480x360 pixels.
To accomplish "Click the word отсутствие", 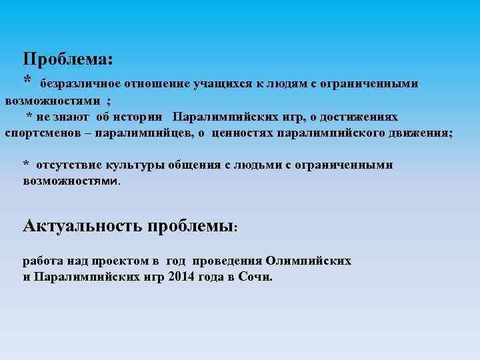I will pos(66,165).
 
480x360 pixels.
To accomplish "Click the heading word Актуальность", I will pos(82,225).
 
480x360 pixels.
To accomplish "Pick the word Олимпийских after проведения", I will pos(309,260).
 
